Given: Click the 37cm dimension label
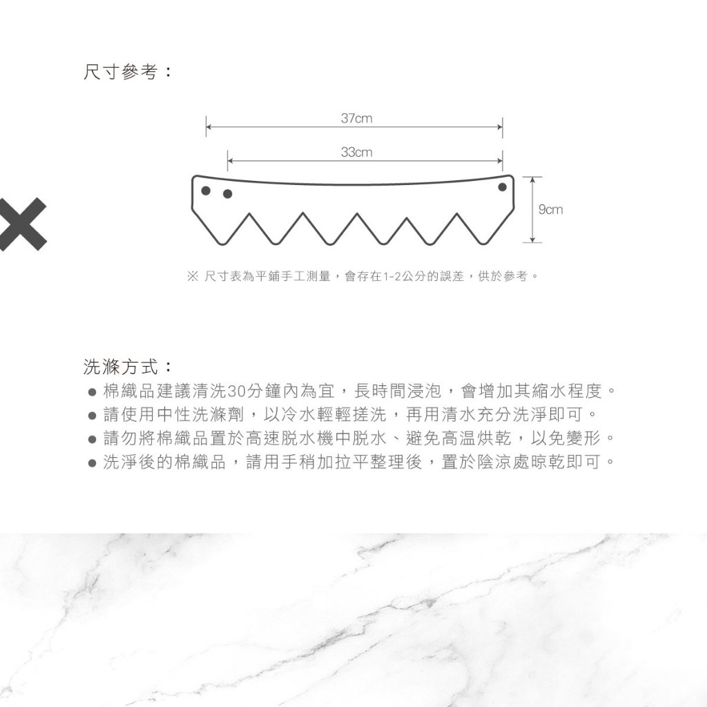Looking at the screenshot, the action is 357,119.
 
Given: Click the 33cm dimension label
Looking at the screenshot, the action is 357,153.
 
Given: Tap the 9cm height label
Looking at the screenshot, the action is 550,210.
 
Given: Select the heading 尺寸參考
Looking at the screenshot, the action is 121,72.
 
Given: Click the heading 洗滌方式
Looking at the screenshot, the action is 121,367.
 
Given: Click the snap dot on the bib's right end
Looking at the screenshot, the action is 503,186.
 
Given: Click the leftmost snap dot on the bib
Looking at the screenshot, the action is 206,191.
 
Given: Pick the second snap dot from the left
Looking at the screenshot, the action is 228,194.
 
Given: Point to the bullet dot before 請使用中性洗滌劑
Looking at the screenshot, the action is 93,415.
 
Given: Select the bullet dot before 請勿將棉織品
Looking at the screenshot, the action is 93,438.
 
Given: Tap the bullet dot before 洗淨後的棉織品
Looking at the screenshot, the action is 93,463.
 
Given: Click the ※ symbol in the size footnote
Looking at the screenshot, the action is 193,276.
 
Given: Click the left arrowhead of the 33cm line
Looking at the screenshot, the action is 231,161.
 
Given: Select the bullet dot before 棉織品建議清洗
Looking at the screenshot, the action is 93,392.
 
